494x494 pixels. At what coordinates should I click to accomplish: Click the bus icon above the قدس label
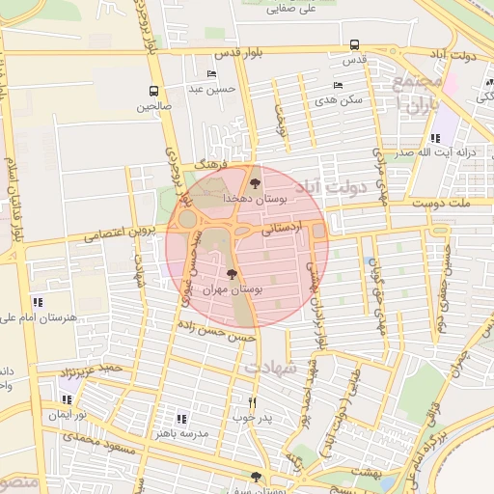click(355, 44)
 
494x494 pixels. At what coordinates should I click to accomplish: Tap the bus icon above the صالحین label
click(153, 92)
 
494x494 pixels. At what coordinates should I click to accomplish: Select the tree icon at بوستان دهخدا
click(255, 180)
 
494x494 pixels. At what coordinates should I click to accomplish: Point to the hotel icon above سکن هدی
click(338, 85)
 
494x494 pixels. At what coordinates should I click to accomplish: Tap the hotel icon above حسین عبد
click(211, 74)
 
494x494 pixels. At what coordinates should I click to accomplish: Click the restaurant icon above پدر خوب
click(253, 402)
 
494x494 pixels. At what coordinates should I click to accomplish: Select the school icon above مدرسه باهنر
click(181, 418)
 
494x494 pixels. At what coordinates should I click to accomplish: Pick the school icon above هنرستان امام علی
click(37, 302)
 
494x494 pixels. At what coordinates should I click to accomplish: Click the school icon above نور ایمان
click(67, 398)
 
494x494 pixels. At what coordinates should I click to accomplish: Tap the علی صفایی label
click(296, 8)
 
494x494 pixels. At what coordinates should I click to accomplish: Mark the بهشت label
click(366, 470)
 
